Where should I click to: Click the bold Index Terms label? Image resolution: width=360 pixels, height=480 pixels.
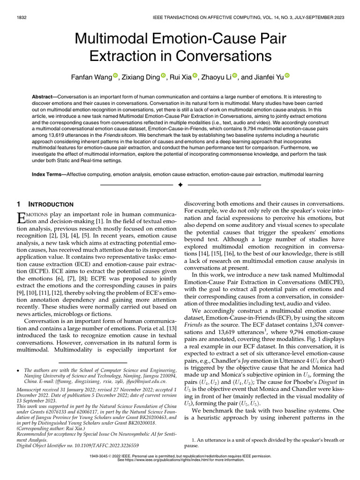click(48, 174)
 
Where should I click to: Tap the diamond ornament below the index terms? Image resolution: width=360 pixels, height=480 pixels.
click(180, 186)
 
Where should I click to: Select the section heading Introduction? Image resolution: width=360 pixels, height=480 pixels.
click(51, 204)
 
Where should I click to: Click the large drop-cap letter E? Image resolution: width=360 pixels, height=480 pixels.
click(20, 218)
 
